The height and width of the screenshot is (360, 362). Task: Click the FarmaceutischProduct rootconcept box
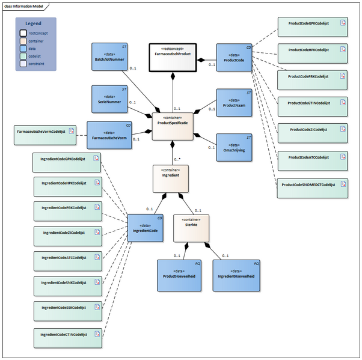[173, 58]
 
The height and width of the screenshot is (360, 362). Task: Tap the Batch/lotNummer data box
[109, 58]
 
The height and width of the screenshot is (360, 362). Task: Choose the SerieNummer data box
[109, 99]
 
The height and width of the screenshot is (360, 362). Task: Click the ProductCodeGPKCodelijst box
[312, 26]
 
